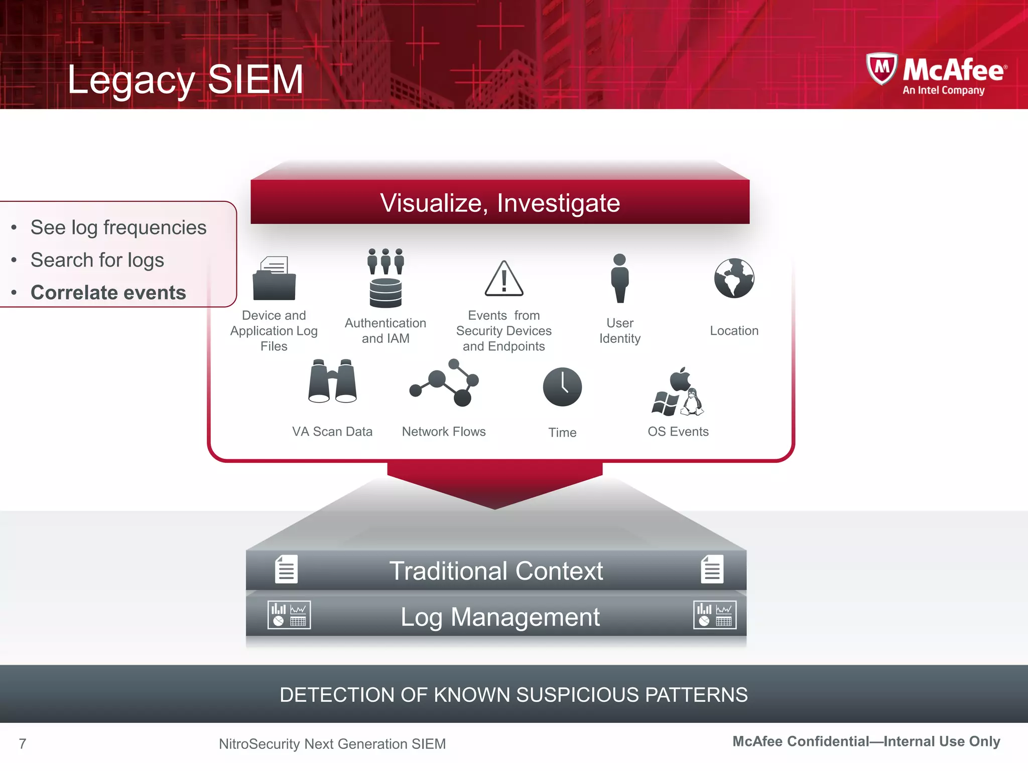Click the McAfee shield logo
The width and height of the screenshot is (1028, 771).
click(x=881, y=69)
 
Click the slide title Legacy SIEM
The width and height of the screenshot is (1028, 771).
click(x=185, y=79)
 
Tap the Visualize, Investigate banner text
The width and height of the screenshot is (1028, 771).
click(x=500, y=203)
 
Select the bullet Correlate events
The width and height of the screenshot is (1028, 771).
click(x=108, y=293)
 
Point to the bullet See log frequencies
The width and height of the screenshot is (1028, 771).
click(x=118, y=227)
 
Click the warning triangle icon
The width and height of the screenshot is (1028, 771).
click(x=504, y=279)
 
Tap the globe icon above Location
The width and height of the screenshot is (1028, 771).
click(x=734, y=279)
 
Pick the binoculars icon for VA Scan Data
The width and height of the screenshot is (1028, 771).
click(x=332, y=381)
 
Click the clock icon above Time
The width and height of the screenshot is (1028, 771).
click(x=562, y=387)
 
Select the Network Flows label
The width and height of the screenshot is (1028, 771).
click(x=444, y=432)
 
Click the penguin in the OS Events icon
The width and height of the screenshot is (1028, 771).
click(x=693, y=403)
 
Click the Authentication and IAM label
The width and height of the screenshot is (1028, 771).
click(x=385, y=331)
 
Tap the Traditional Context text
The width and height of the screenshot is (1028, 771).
click(x=496, y=571)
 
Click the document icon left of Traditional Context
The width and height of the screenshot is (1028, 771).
click(x=286, y=569)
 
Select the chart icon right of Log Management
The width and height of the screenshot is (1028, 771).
click(x=715, y=615)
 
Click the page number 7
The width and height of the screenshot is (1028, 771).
click(x=23, y=743)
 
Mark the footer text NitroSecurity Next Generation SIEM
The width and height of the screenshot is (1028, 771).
click(x=332, y=744)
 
